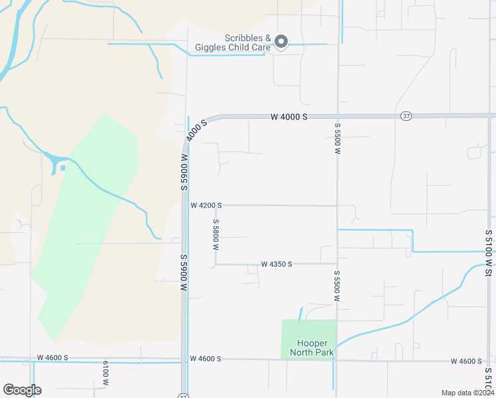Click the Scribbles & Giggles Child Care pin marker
pos(280,42)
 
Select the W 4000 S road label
pos(289,117)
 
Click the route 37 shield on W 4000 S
pos(406,116)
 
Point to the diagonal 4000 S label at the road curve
pos(197,129)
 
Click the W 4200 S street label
pos(206,206)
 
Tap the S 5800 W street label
pos(216,234)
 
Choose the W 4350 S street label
pos(277,264)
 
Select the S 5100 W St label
pos(489,253)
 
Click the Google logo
pos(22,390)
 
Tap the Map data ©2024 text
pos(467,393)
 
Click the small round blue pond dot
pos(63,167)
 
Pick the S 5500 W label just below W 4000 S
pos(338,139)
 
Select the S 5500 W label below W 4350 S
pos(337,286)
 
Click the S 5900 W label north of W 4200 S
pos(184,171)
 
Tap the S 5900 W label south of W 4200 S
pos(184,273)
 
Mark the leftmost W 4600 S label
pos(52,358)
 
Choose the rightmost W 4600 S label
pos(466,362)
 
